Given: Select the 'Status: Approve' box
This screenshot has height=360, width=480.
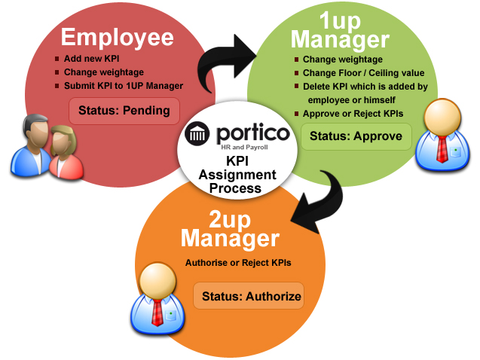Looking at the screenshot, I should pyautogui.click(x=356, y=137).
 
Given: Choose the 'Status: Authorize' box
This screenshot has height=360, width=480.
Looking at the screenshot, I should pyautogui.click(x=248, y=296).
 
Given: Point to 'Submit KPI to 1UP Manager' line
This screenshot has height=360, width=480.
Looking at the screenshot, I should pyautogui.click(x=123, y=86).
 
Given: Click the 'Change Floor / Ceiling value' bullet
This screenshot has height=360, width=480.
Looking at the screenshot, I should pyautogui.click(x=363, y=73).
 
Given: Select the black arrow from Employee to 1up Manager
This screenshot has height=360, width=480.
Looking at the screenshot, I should pyautogui.click(x=227, y=64).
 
